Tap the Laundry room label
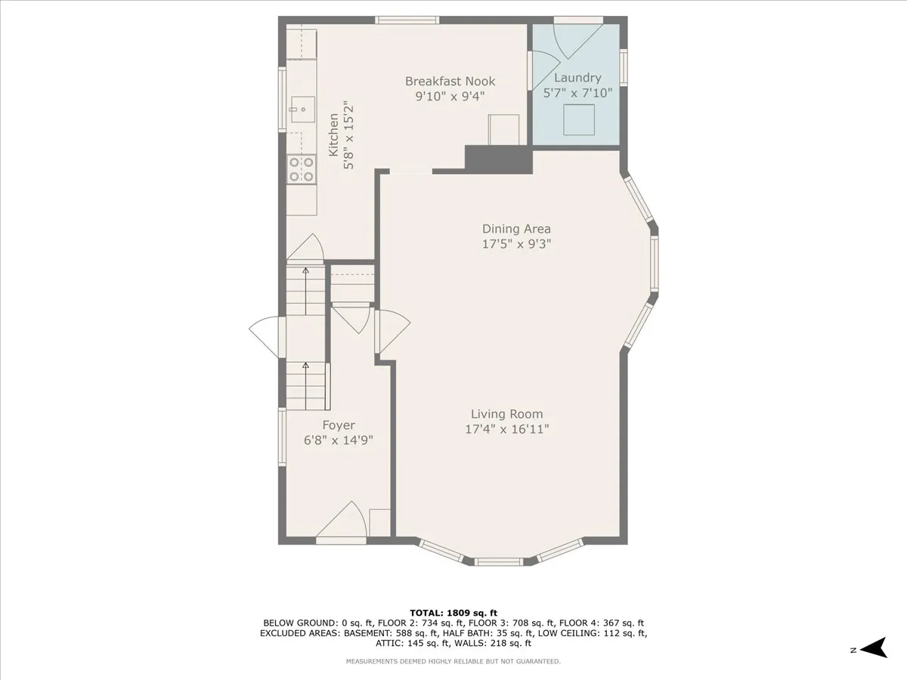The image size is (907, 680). tap(577, 78)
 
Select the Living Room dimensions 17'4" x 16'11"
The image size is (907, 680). tap(506, 429)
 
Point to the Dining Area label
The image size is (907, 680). tap(516, 229)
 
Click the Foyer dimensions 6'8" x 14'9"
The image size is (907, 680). tap(338, 440)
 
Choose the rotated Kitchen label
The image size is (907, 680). tap(333, 135)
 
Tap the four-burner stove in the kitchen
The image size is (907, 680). tap(301, 168)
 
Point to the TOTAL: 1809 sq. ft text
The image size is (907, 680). tap(453, 613)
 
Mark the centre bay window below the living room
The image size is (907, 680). tap(498, 561)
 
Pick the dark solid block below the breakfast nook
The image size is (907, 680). tap(498, 160)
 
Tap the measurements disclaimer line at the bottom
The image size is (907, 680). tap(453, 662)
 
